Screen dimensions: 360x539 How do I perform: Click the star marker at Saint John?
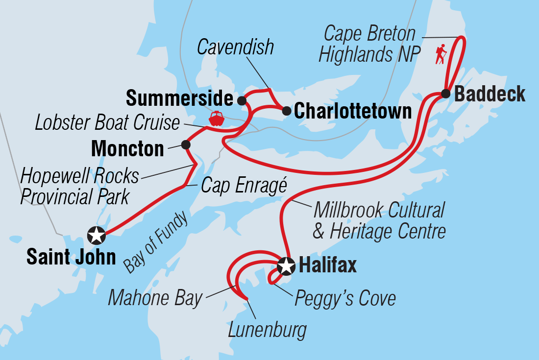[x=96, y=236]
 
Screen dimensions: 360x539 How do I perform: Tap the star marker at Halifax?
[x=286, y=266]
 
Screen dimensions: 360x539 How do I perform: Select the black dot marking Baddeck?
[x=445, y=94]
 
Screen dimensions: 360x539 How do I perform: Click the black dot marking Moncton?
[x=186, y=144]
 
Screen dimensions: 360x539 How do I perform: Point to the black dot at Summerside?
[x=241, y=100]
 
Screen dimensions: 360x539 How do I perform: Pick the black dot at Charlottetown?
[x=286, y=111]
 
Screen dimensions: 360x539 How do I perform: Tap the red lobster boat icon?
[x=216, y=119]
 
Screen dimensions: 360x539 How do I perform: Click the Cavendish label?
[x=235, y=48]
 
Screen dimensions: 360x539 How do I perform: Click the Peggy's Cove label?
[x=345, y=298]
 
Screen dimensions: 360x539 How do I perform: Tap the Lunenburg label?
[x=267, y=330]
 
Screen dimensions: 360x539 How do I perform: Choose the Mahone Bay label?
[x=155, y=298]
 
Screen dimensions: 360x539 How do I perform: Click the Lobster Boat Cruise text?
[x=107, y=123]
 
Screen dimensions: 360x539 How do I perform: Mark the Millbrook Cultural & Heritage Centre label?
[x=379, y=220]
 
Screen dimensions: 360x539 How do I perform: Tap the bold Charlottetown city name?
[x=353, y=112]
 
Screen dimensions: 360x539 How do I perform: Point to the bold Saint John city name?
[x=71, y=257]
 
